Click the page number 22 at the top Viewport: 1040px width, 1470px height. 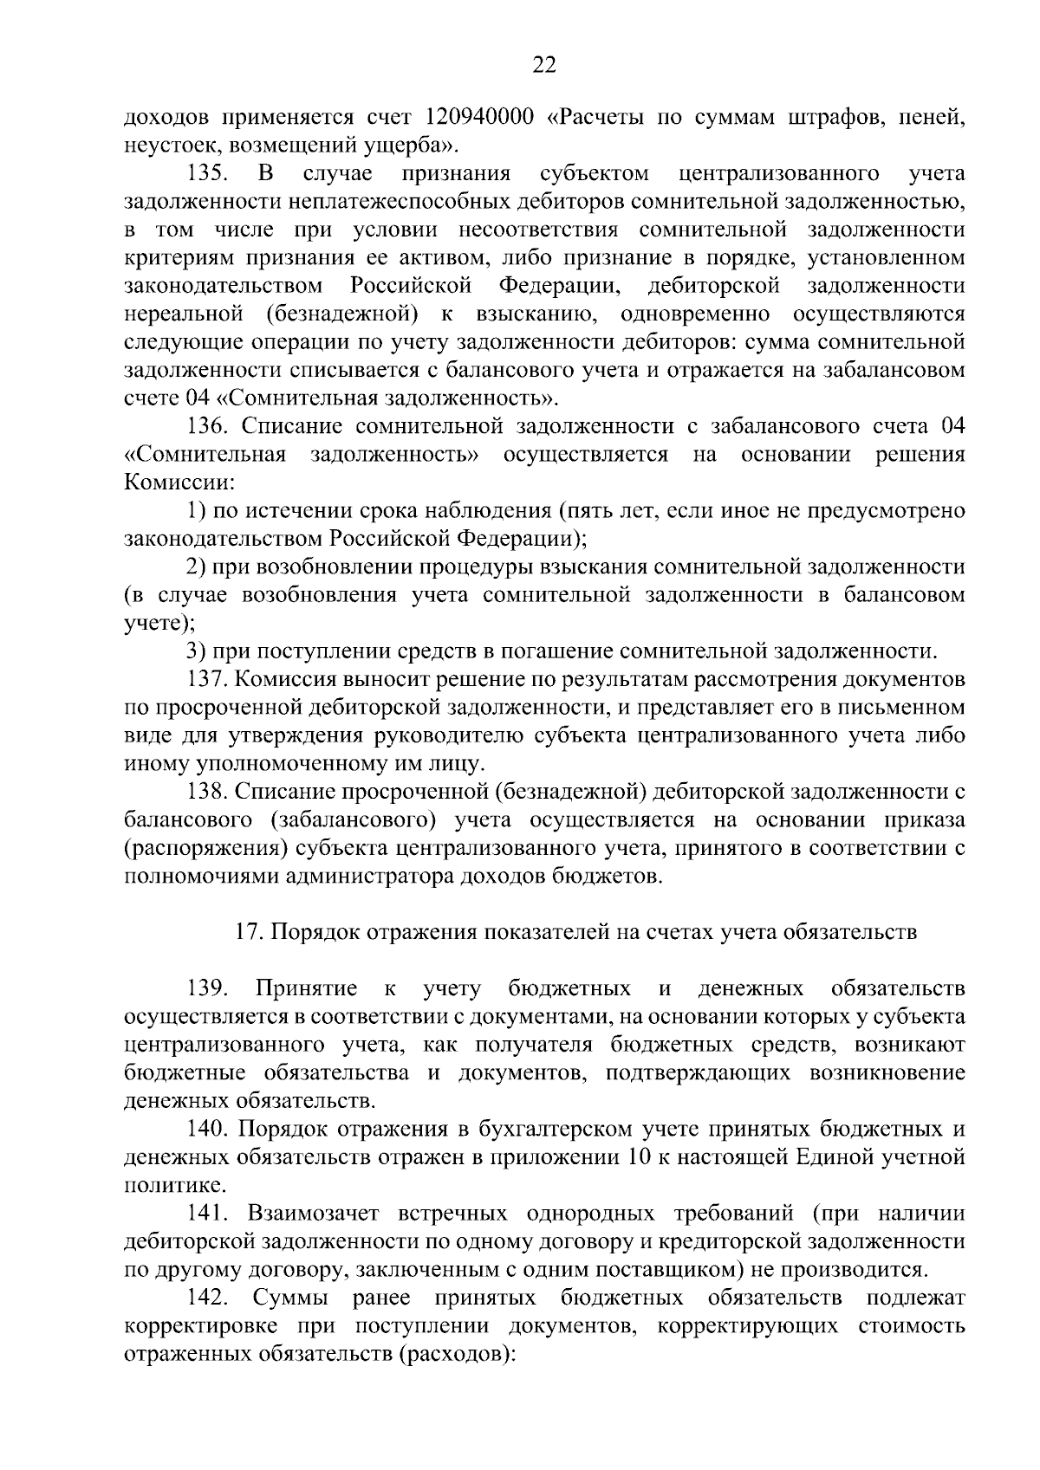544,66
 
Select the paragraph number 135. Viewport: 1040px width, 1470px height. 208,173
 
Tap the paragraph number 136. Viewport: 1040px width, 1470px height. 208,426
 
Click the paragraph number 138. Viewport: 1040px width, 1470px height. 208,792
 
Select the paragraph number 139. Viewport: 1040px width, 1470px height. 208,989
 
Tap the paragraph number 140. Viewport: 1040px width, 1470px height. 208,1130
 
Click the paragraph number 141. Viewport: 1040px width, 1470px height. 208,1214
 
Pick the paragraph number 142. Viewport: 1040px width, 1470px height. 208,1298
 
